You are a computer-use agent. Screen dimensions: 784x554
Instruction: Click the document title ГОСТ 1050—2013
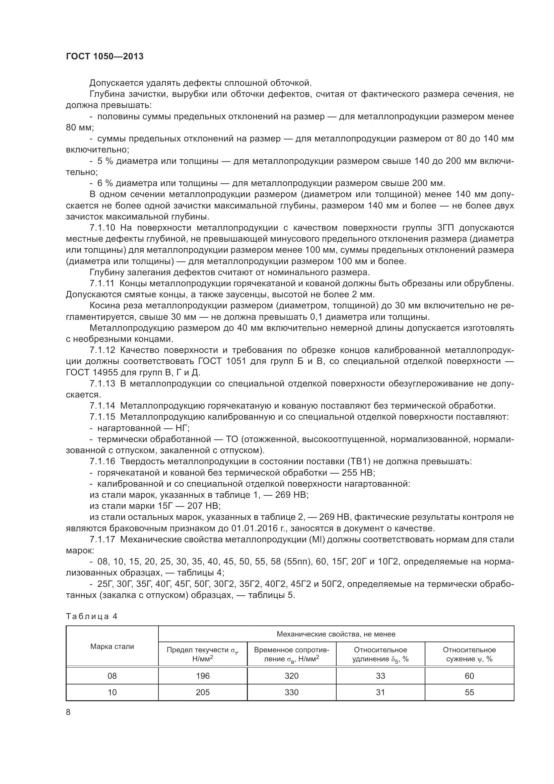tap(105, 56)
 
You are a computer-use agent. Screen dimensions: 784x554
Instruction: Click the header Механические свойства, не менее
tap(336, 634)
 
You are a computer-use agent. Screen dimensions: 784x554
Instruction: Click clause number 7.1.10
tap(103, 228)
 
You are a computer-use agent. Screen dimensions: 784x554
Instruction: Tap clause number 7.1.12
tap(103, 350)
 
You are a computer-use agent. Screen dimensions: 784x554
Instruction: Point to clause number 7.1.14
tap(103, 406)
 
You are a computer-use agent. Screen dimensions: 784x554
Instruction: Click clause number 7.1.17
tap(103, 540)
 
